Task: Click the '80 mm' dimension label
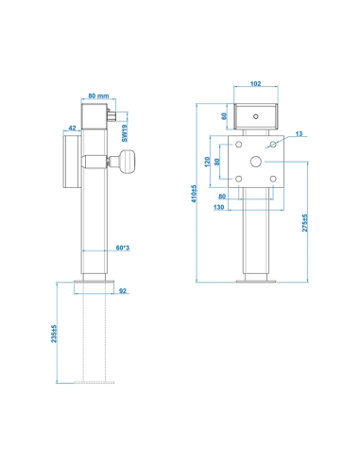pos(97,95)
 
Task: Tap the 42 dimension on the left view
pos(72,126)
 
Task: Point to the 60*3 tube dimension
pos(122,248)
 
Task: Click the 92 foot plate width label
pos(123,291)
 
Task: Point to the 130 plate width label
pos(219,207)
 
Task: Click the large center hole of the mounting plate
pos(256,162)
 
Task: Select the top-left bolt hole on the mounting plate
pos(241,146)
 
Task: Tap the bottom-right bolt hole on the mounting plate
pos(271,177)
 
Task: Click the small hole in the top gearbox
pos(256,116)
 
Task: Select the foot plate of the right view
pos(256,280)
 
